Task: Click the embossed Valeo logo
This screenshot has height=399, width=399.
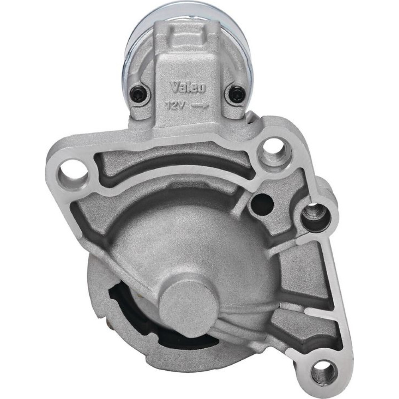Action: (188, 89)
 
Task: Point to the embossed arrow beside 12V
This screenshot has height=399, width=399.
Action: (200, 105)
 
